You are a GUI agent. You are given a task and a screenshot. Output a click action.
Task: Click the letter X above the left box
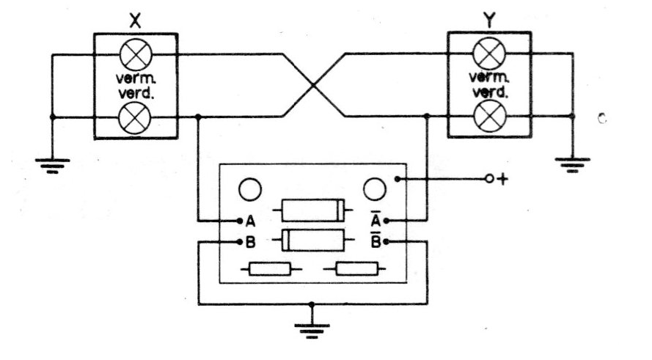click(x=135, y=21)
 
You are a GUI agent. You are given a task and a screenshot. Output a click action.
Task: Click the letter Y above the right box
click(x=490, y=20)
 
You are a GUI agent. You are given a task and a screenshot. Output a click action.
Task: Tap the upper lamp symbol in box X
click(x=136, y=55)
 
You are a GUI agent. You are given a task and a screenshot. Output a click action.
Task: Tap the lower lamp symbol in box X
click(x=135, y=118)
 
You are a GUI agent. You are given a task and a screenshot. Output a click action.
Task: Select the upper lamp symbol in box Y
click(x=489, y=54)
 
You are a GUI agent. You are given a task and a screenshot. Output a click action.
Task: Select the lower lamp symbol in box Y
click(x=490, y=117)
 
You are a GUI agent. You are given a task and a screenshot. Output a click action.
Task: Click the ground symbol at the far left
click(x=52, y=166)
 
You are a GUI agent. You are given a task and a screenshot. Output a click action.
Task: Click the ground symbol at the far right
click(x=573, y=165)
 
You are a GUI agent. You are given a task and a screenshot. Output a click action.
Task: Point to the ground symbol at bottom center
click(x=312, y=331)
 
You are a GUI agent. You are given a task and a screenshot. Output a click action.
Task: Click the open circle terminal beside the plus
click(x=489, y=179)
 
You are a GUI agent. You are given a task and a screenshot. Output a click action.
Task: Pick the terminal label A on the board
click(x=250, y=222)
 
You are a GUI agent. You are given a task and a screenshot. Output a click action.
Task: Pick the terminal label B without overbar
click(x=250, y=242)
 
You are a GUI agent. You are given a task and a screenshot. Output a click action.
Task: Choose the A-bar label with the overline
click(x=376, y=218)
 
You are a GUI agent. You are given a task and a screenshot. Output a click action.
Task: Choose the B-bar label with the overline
click(x=376, y=240)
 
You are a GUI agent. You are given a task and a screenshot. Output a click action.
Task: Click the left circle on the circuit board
click(x=250, y=190)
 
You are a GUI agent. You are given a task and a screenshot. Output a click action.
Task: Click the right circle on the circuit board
click(x=375, y=189)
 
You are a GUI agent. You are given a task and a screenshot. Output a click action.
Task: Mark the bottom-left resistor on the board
click(x=271, y=269)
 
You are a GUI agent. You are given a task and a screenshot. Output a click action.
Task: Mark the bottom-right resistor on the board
click(x=355, y=269)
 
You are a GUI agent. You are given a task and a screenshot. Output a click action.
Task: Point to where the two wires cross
click(x=313, y=85)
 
